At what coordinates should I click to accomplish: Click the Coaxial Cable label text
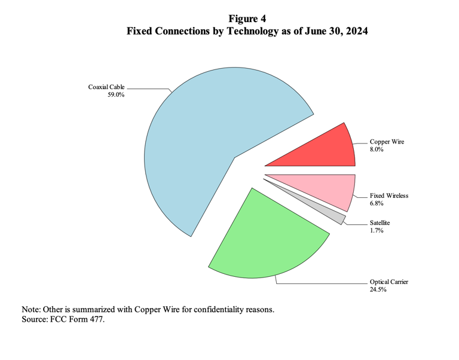pyautogui.click(x=106, y=87)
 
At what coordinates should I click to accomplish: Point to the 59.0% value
pyautogui.click(x=116, y=94)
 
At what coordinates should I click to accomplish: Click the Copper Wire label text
pyautogui.click(x=387, y=142)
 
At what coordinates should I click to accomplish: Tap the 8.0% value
pyautogui.click(x=377, y=150)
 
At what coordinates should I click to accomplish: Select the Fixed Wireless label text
pyautogui.click(x=389, y=196)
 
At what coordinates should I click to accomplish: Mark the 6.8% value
pyautogui.click(x=377, y=203)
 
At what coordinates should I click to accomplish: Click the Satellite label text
pyautogui.click(x=380, y=223)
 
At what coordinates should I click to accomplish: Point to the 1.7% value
pyautogui.click(x=377, y=230)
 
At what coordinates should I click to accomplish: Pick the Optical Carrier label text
pyautogui.click(x=389, y=282)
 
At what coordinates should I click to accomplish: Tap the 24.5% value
pyautogui.click(x=378, y=289)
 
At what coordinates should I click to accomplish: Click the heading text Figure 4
pyautogui.click(x=247, y=19)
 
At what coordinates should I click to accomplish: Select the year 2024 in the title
pyautogui.click(x=357, y=30)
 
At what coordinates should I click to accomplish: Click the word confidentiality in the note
pyautogui.click(x=219, y=310)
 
